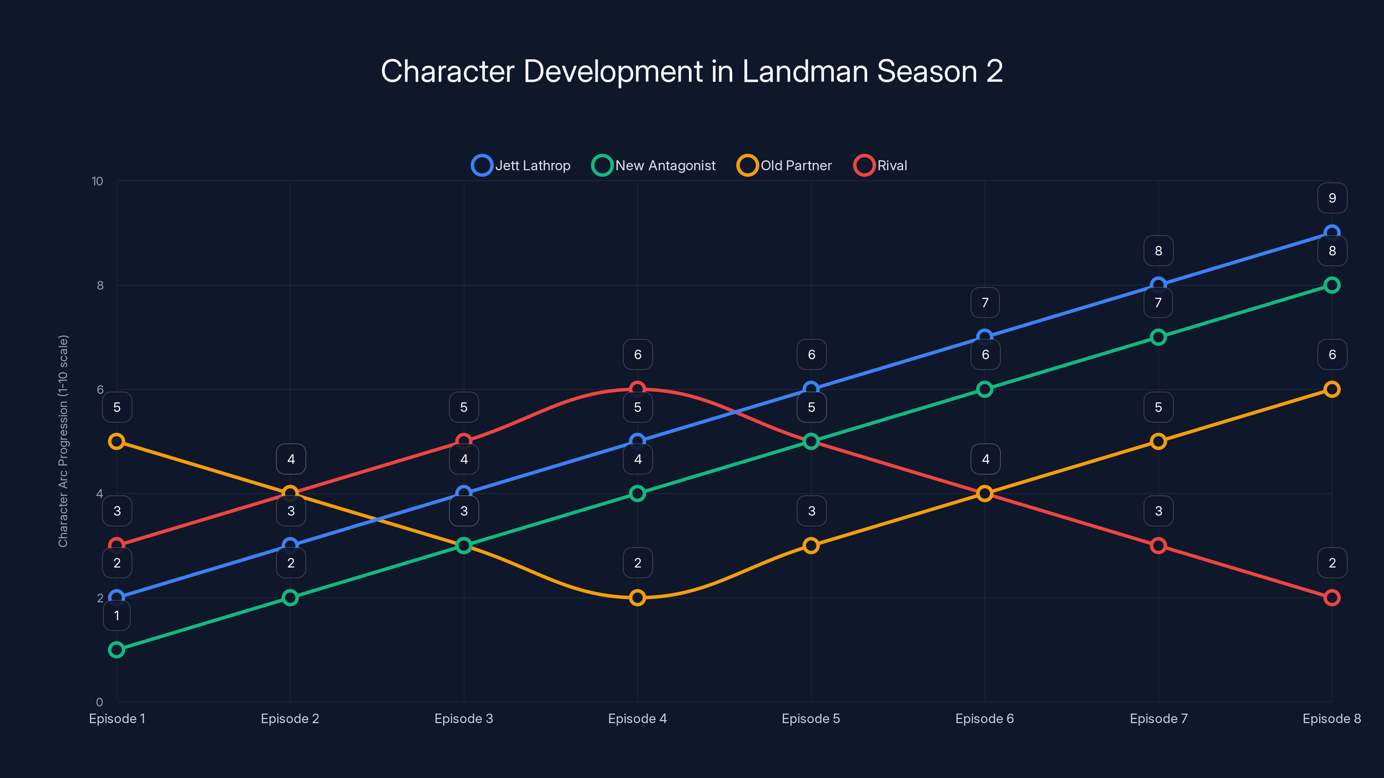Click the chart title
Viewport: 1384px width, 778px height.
(x=692, y=71)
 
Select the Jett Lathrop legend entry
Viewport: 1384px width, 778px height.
(x=521, y=166)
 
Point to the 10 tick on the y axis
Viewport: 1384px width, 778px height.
(x=97, y=182)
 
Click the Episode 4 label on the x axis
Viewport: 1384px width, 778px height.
(x=637, y=718)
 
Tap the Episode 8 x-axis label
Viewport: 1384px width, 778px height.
(x=1331, y=718)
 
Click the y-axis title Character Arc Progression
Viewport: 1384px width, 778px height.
(x=64, y=441)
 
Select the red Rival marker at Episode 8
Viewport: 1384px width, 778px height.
(x=1331, y=598)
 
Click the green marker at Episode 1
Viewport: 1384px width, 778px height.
(x=117, y=650)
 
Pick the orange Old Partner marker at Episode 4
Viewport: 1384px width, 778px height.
(x=637, y=598)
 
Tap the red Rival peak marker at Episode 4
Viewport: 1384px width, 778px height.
(x=637, y=388)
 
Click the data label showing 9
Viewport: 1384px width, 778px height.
(x=1332, y=198)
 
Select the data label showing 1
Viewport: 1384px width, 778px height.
(x=117, y=615)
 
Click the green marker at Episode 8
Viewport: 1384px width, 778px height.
(x=1331, y=285)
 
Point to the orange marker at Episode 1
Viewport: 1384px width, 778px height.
(x=117, y=441)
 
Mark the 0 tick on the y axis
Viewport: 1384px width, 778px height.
(x=99, y=702)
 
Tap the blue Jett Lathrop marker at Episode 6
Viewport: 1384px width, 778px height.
(x=984, y=337)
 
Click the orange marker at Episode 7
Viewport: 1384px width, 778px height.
(x=1158, y=441)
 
